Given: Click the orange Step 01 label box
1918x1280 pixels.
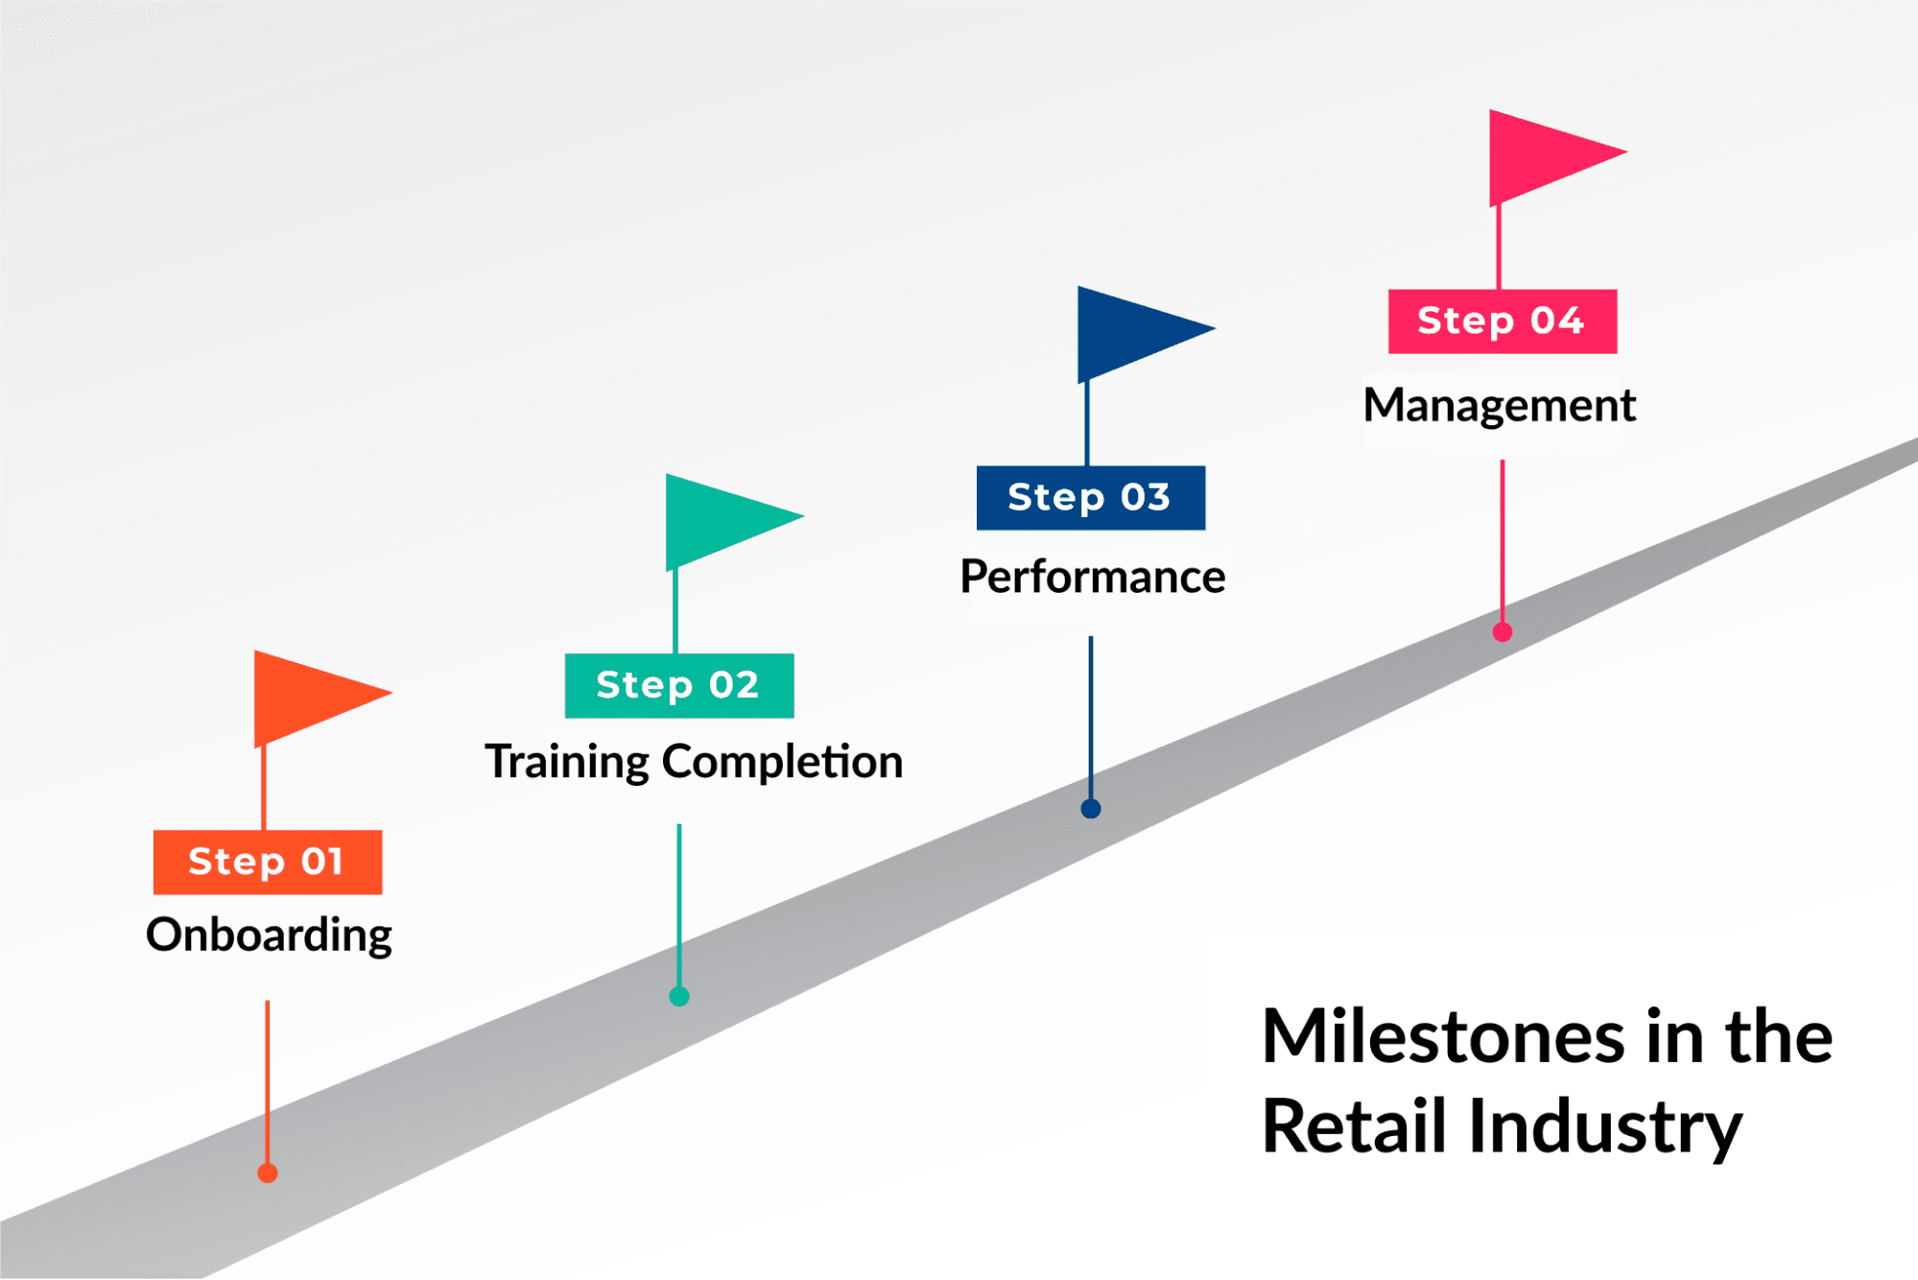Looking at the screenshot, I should pos(268,862).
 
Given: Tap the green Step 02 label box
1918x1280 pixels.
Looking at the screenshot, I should pos(679,685).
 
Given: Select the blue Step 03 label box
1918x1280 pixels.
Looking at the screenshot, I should pos(1091,497).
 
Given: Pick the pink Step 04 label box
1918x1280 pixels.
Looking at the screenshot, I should pos(1503,320).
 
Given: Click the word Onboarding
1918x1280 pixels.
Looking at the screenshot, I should pos(269,935).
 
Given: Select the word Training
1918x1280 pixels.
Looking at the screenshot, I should pos(567,763).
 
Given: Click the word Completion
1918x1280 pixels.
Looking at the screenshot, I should pos(782,763).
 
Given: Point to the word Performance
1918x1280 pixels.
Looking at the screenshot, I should pos(1093,578).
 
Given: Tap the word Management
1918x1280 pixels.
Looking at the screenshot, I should pos(1500,405).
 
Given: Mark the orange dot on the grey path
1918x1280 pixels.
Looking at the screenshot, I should pos(268,1173).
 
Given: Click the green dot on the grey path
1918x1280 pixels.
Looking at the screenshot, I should pos(679,996).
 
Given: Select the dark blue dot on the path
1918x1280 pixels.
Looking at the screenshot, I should pos(1091,809).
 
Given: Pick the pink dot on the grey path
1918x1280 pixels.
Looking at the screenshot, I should pos(1503,631).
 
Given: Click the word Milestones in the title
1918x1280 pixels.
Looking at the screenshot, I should pos(1443,1037).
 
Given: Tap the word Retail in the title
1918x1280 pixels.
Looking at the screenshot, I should pos(1353,1126).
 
